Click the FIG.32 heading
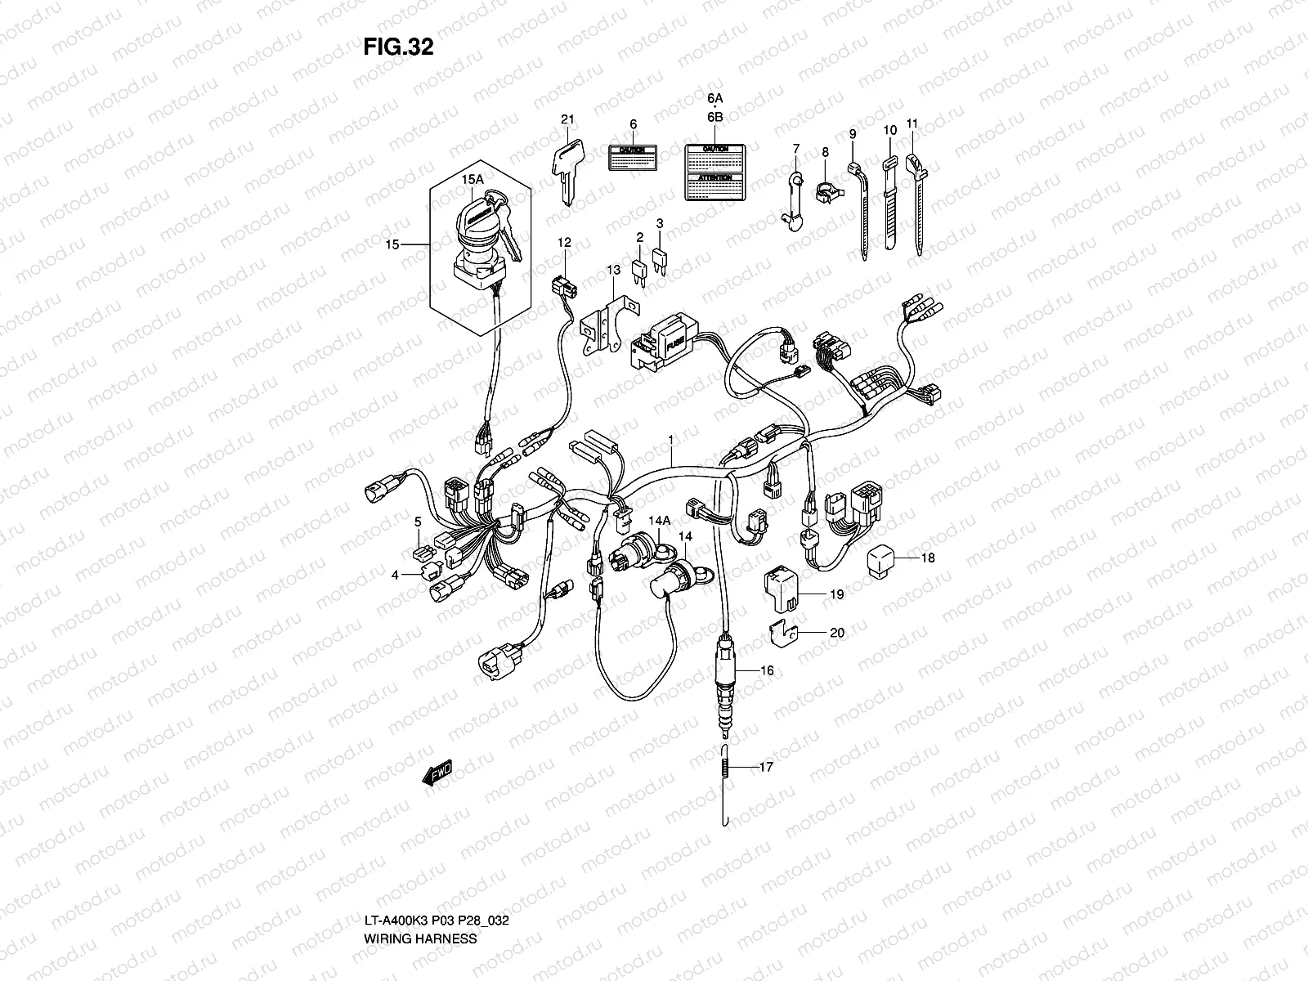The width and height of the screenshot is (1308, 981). pos(398,47)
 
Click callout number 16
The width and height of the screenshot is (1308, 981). pos(766,670)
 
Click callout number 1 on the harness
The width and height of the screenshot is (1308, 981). pos(670,440)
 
